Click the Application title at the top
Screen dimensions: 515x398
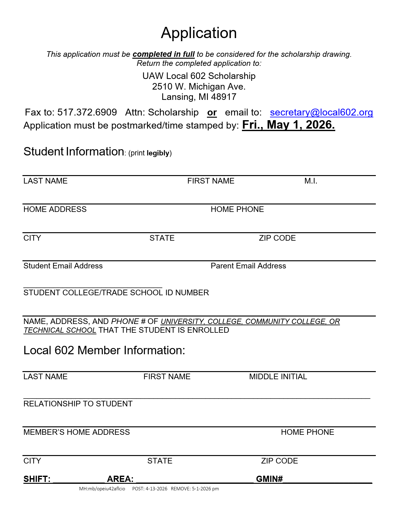[x=199, y=33]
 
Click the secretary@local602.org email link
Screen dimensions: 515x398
[x=321, y=112]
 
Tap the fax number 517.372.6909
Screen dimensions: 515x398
[x=87, y=112]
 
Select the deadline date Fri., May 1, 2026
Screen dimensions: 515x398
[x=288, y=125]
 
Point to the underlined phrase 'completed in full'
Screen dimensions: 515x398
[x=164, y=54]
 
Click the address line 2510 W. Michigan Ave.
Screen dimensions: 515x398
[x=199, y=86]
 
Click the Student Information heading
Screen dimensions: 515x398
[x=74, y=152]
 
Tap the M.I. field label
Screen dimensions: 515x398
[x=311, y=181]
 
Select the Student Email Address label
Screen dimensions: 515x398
[x=63, y=266]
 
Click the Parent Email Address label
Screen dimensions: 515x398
[x=248, y=266]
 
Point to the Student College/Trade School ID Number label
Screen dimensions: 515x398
[x=116, y=293]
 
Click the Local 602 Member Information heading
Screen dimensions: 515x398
[x=104, y=351]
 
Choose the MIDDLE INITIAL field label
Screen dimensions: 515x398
[x=278, y=377]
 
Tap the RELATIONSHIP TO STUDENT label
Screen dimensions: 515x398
[x=78, y=404]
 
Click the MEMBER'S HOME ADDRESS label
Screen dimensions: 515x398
[x=76, y=432]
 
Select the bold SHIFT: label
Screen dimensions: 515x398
[x=37, y=479]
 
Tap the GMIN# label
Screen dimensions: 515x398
[x=269, y=479]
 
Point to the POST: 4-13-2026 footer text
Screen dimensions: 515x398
[x=150, y=489]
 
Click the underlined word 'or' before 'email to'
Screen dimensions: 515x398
[x=212, y=113]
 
